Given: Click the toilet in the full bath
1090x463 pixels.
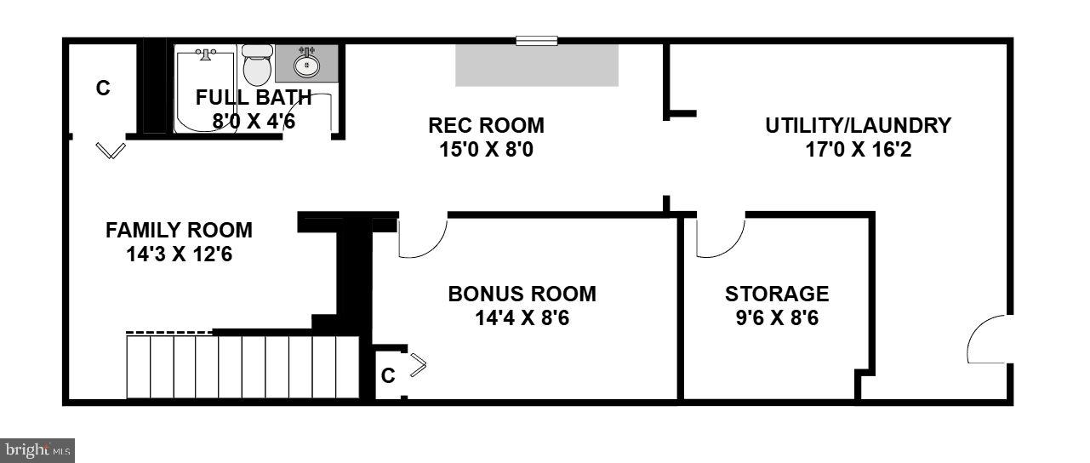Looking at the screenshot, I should (254, 62).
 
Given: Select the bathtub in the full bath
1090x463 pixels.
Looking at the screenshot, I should (206, 89).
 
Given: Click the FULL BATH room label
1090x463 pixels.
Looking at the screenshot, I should (253, 97).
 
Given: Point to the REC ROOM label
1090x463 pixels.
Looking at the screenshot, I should (486, 126).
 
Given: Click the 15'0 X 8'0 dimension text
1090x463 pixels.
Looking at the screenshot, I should (486, 151).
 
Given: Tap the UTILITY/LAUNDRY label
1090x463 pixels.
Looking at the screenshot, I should (858, 126).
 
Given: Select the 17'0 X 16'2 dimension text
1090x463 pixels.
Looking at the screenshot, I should (858, 151).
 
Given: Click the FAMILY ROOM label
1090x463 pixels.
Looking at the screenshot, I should (179, 230).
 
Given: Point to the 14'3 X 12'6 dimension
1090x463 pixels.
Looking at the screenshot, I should (179, 254).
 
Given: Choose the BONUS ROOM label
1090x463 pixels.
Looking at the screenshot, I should (522, 294).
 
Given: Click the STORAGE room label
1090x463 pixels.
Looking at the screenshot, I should (777, 294).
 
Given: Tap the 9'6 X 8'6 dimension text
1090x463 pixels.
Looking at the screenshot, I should (777, 319).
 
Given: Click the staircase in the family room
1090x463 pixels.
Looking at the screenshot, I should (243, 366).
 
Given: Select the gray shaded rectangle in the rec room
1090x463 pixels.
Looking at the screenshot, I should (536, 66).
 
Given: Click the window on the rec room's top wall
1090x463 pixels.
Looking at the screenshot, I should (537, 40).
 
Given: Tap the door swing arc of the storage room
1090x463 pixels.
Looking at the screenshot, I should (720, 237).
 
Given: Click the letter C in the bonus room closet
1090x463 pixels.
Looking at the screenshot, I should (388, 376).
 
